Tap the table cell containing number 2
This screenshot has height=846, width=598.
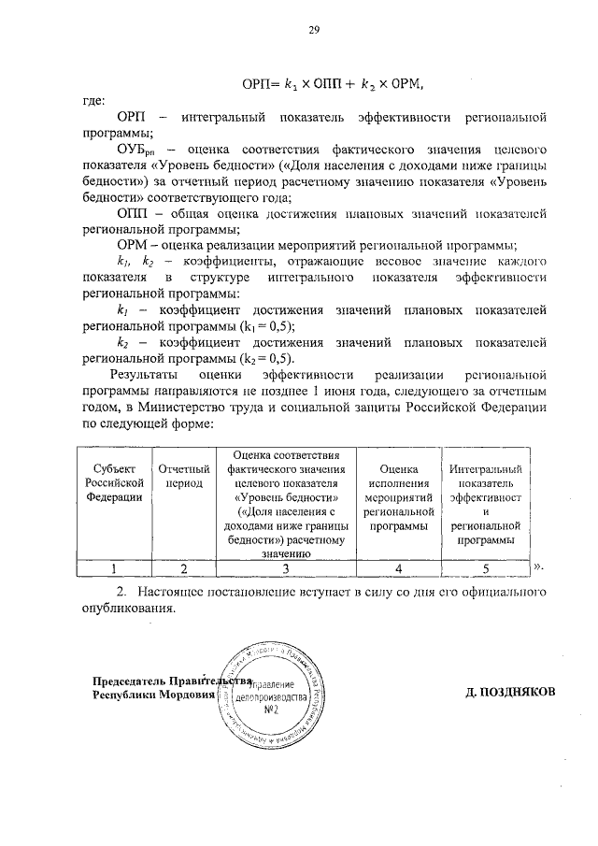coord(183,567)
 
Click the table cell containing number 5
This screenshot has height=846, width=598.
coord(485,567)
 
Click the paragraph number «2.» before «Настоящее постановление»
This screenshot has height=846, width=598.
coord(121,592)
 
